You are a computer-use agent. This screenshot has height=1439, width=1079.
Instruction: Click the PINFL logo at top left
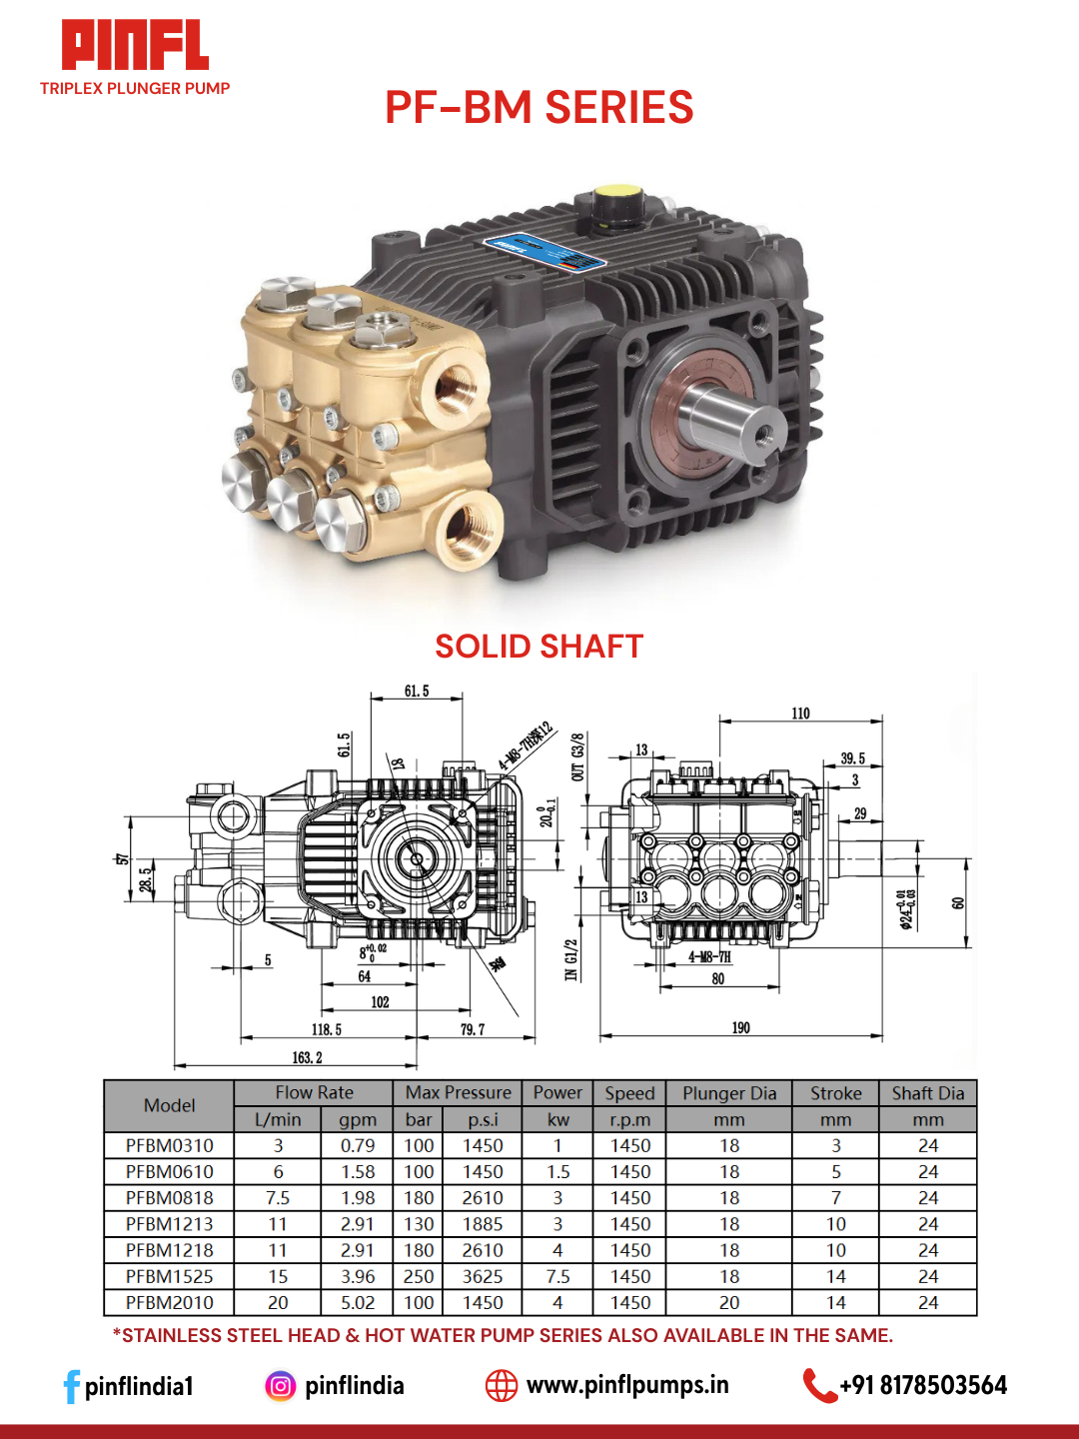click(x=135, y=47)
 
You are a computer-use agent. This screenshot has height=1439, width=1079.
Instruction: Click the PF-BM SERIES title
click(x=539, y=108)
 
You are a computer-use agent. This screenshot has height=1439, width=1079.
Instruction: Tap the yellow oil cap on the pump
click(x=617, y=192)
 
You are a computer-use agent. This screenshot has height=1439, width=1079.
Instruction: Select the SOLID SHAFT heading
click(x=539, y=647)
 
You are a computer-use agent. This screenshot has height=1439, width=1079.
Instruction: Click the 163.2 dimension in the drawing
click(x=307, y=1057)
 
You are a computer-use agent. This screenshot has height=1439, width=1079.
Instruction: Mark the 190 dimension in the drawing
click(x=740, y=1028)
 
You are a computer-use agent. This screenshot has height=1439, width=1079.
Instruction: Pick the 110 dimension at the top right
click(x=800, y=714)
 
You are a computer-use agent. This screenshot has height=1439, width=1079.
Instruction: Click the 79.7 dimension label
click(x=473, y=1029)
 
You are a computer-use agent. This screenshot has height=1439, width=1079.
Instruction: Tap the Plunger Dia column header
click(x=729, y=1093)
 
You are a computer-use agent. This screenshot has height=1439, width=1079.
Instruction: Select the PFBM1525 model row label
click(x=169, y=1276)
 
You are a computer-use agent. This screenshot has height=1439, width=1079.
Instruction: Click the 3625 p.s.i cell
click(x=483, y=1276)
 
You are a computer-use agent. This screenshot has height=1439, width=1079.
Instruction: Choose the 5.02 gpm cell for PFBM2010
click(x=358, y=1302)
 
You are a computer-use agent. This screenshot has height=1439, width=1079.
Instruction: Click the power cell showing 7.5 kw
click(x=557, y=1276)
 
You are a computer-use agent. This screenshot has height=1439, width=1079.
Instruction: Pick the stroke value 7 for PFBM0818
click(x=835, y=1197)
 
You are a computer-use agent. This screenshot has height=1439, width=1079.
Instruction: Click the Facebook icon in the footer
click(x=71, y=1386)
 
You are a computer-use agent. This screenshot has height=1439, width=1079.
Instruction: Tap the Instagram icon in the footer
click(x=281, y=1386)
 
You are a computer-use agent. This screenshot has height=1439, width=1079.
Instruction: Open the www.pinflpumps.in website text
click(x=627, y=1385)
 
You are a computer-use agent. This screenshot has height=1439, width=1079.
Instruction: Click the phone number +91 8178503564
click(x=923, y=1385)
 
